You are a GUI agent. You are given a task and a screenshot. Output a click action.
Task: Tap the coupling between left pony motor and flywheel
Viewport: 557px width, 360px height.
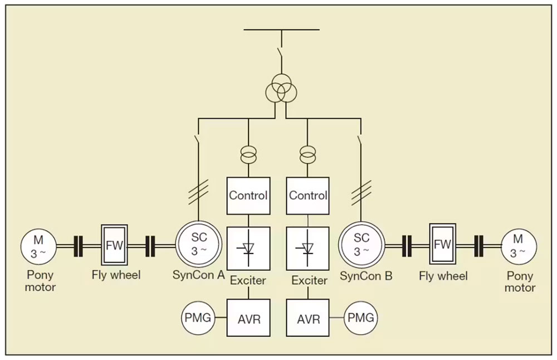(78, 246)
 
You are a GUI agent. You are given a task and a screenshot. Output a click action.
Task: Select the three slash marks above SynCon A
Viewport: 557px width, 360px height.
(198, 192)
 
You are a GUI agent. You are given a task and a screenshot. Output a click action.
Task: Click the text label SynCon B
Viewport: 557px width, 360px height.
(366, 276)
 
